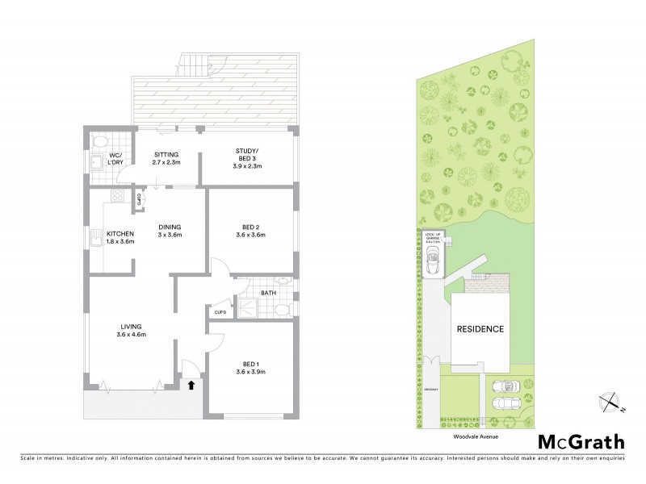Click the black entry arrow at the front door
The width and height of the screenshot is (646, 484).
tap(191, 386)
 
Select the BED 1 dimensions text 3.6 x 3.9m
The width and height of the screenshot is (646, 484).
tap(250, 371)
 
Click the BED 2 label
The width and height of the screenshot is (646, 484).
tap(250, 227)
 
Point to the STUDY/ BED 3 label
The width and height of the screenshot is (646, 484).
tap(247, 153)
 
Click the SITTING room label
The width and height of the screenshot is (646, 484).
tap(165, 154)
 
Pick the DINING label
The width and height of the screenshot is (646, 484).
tap(170, 227)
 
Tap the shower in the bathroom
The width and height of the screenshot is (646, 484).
tap(247, 307)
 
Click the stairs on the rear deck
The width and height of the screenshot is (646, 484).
tap(193, 65)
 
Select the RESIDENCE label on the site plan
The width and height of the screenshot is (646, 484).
tap(480, 329)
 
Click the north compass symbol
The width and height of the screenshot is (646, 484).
tap(612, 401)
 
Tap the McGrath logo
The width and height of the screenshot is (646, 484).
tap(581, 441)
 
